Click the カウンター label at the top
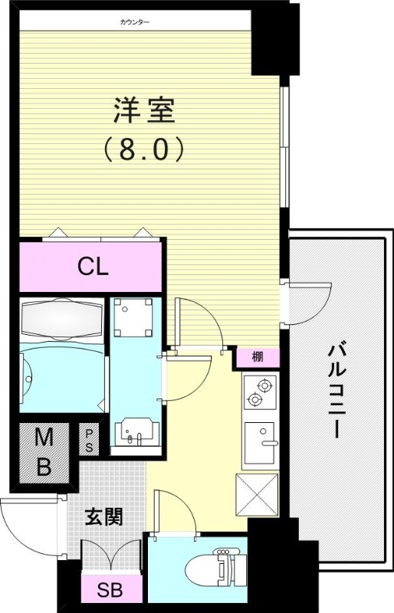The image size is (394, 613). point(135,21)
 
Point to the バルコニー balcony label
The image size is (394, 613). point(334,391)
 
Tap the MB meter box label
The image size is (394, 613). point(44,453)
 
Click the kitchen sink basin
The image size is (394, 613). point(261,443)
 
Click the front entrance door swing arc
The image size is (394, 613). point(27,529)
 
